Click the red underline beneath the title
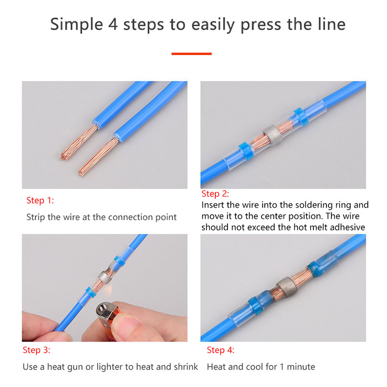[x=192, y=54]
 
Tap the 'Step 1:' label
[x=40, y=200]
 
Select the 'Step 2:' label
[x=215, y=194]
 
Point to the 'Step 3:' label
[x=36, y=350]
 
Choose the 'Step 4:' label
[x=221, y=350]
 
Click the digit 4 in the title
[x=113, y=25]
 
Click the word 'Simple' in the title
[x=76, y=25]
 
